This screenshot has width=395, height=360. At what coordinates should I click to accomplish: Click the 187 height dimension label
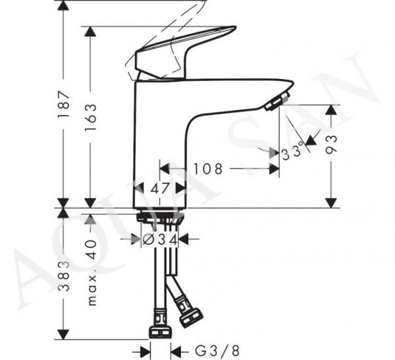63,104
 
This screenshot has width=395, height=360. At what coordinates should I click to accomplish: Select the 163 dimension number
90,116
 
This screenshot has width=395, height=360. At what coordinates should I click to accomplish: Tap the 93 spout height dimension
331,144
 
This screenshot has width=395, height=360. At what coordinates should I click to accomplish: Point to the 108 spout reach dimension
208,168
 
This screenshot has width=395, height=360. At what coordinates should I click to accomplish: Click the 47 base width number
160,188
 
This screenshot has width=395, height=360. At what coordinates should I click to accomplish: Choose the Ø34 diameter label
160,240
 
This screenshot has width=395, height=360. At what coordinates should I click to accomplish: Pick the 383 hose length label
64,276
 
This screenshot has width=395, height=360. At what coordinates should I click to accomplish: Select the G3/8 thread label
217,351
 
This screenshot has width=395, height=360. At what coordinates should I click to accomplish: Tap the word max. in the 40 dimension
92,290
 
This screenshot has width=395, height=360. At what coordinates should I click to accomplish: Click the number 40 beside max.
91,249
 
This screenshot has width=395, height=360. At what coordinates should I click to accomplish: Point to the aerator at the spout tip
276,101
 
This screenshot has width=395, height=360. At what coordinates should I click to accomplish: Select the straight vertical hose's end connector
160,323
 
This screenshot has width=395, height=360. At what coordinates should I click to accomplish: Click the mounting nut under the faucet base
160,218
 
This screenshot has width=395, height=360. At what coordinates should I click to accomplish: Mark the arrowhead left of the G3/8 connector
145,351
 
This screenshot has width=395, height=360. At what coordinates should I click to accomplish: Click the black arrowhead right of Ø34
183,239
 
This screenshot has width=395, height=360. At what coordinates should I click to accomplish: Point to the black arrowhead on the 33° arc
311,140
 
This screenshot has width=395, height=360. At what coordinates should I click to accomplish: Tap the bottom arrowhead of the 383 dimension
63,334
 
